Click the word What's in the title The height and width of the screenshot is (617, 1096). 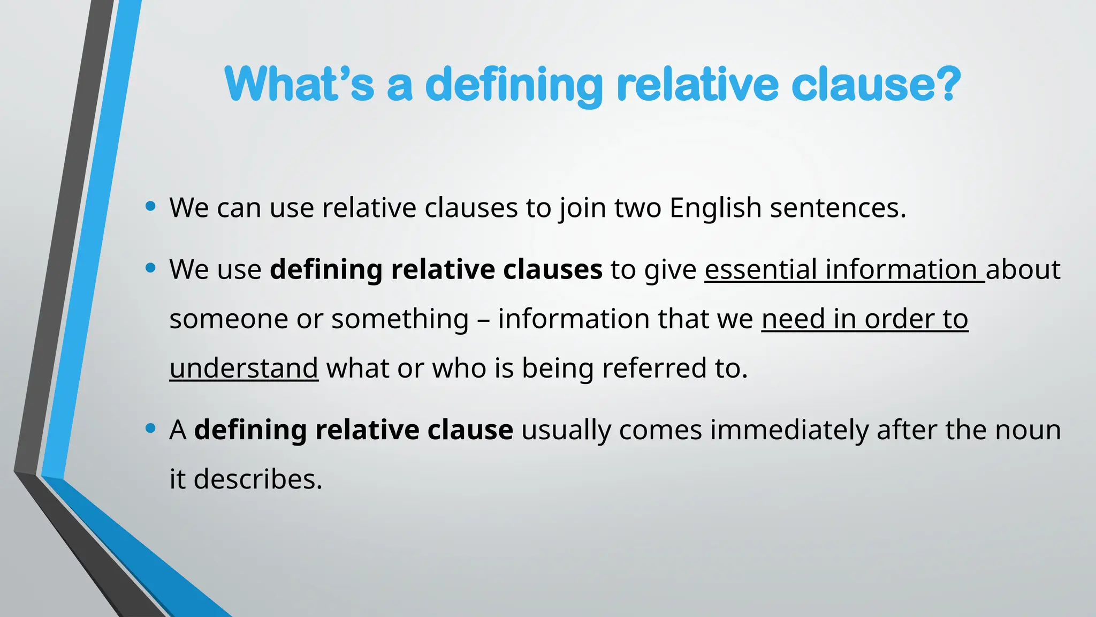tap(299, 84)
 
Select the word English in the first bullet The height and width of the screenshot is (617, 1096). tap(715, 208)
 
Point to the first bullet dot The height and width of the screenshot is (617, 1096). tap(150, 206)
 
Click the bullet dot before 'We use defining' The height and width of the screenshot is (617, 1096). tap(150, 267)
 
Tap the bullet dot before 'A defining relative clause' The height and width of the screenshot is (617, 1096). tap(150, 428)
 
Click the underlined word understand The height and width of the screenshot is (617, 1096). tap(243, 368)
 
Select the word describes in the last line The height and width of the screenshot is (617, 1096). tap(257, 479)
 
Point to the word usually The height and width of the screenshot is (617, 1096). tap(566, 430)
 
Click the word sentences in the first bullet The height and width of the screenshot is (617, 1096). tap(838, 208)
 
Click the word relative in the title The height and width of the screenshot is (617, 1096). tap(698, 84)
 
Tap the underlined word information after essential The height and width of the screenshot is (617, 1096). tap(902, 269)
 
